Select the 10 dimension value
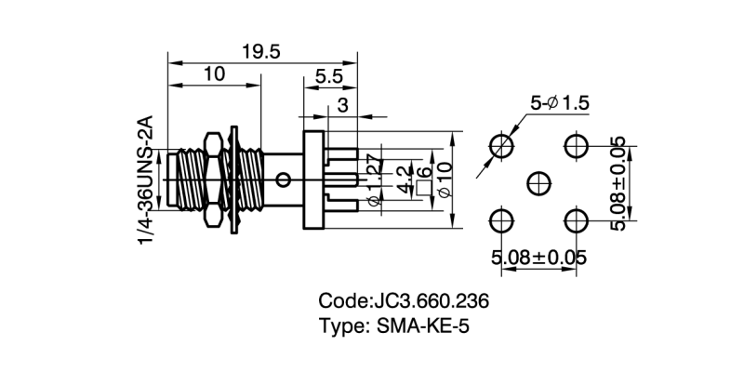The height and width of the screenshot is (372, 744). click(213, 74)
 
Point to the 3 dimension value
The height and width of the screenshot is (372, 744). click(342, 105)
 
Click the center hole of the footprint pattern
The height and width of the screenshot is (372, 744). click(538, 182)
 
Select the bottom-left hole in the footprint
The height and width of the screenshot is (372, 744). click(501, 220)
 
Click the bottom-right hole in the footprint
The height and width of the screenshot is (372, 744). click(576, 220)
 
